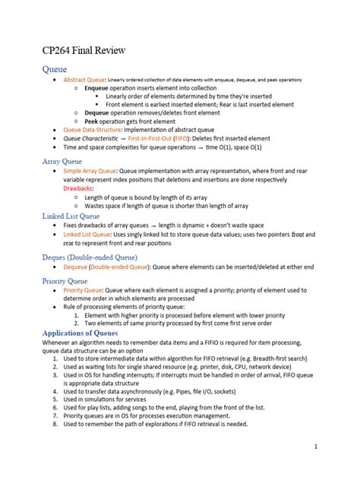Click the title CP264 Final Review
pyautogui.click(x=83, y=51)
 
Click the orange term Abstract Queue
pyautogui.click(x=84, y=80)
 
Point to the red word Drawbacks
pyautogui.click(x=80, y=187)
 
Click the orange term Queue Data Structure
pyautogui.click(x=93, y=129)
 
